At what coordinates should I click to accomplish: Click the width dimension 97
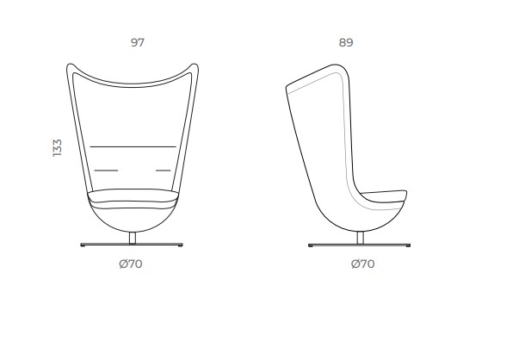138,42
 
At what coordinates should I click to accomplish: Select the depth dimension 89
346,42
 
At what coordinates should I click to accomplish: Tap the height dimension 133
58,147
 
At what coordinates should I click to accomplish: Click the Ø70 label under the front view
131,264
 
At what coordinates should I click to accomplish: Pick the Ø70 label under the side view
363,264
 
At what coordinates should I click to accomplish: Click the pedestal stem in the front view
133,238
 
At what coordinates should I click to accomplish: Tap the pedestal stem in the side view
361,238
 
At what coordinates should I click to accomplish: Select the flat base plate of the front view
132,245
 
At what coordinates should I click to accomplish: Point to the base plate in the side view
359,245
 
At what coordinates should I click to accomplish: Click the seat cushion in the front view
133,196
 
